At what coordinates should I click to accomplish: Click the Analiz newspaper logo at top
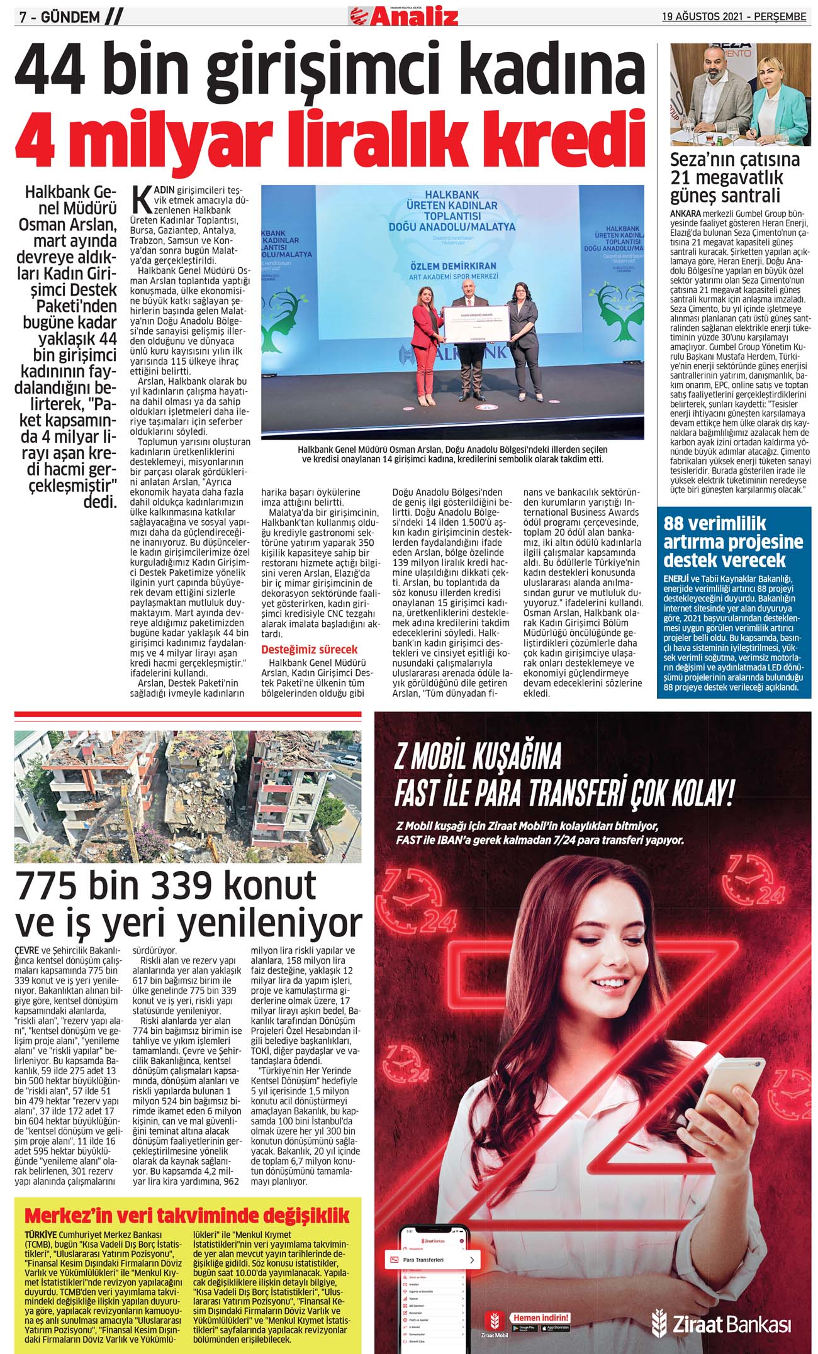[404, 16]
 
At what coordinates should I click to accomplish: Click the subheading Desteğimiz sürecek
[309, 649]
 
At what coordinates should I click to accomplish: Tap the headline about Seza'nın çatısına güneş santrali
[734, 176]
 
